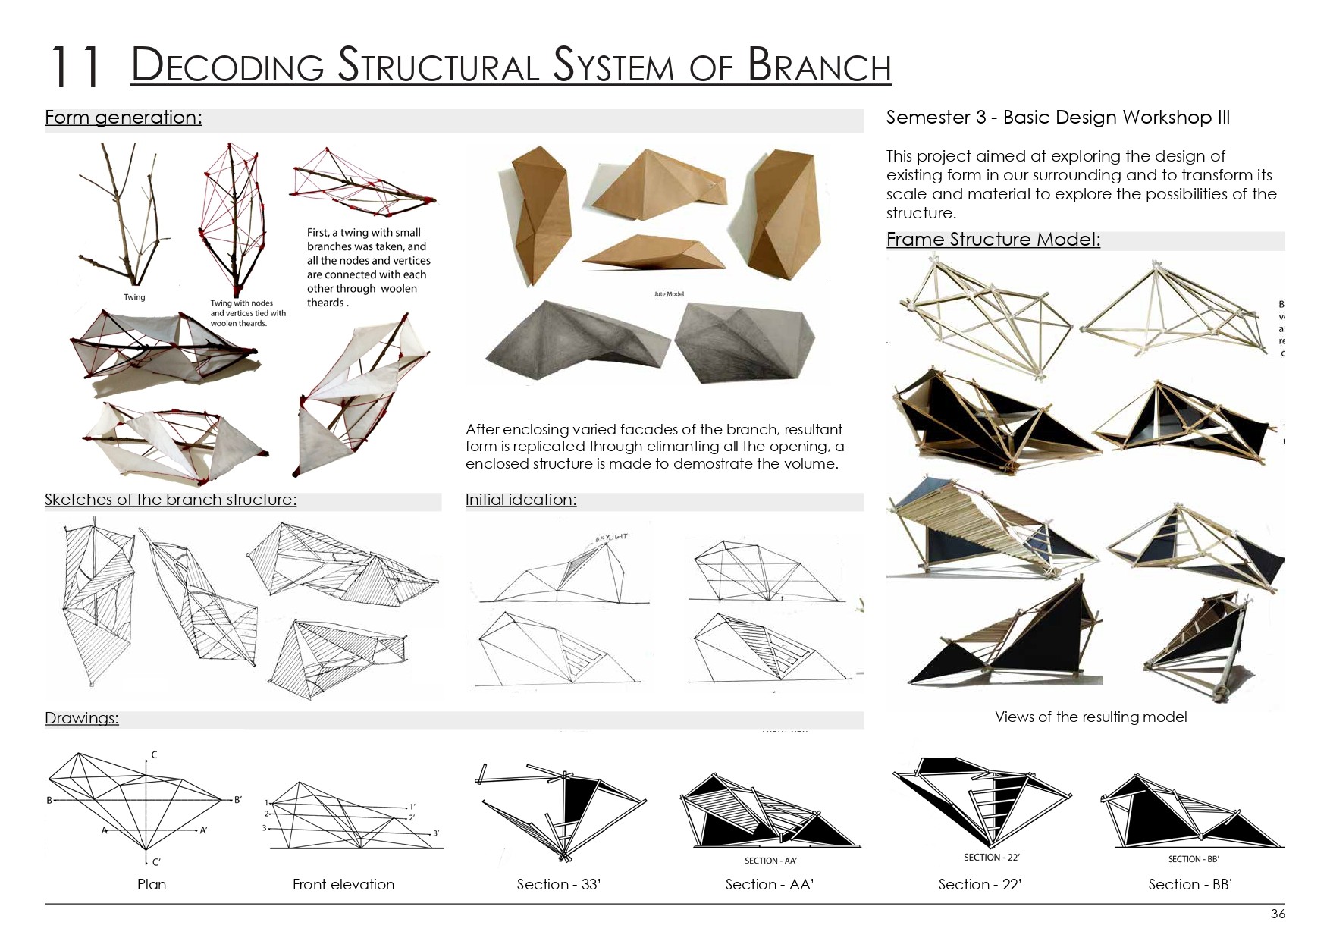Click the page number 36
coord(1278,914)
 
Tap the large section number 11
coord(75,67)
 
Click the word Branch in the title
coord(819,65)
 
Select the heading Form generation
coord(124,118)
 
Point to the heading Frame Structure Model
coord(993,240)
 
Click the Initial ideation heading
coord(521,500)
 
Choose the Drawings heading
coord(82,718)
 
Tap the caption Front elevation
coord(343,884)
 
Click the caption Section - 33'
coord(558,884)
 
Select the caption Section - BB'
coord(1190,884)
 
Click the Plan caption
coord(152,884)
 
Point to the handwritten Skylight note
coord(612,537)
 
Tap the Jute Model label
coord(669,294)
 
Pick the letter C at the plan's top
coord(154,754)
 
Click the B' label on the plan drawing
coord(237,800)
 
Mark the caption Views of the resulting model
coord(1090,717)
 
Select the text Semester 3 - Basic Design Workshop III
coord(1058,118)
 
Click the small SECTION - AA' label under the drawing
coord(770,861)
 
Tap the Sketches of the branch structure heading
coord(171,500)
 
